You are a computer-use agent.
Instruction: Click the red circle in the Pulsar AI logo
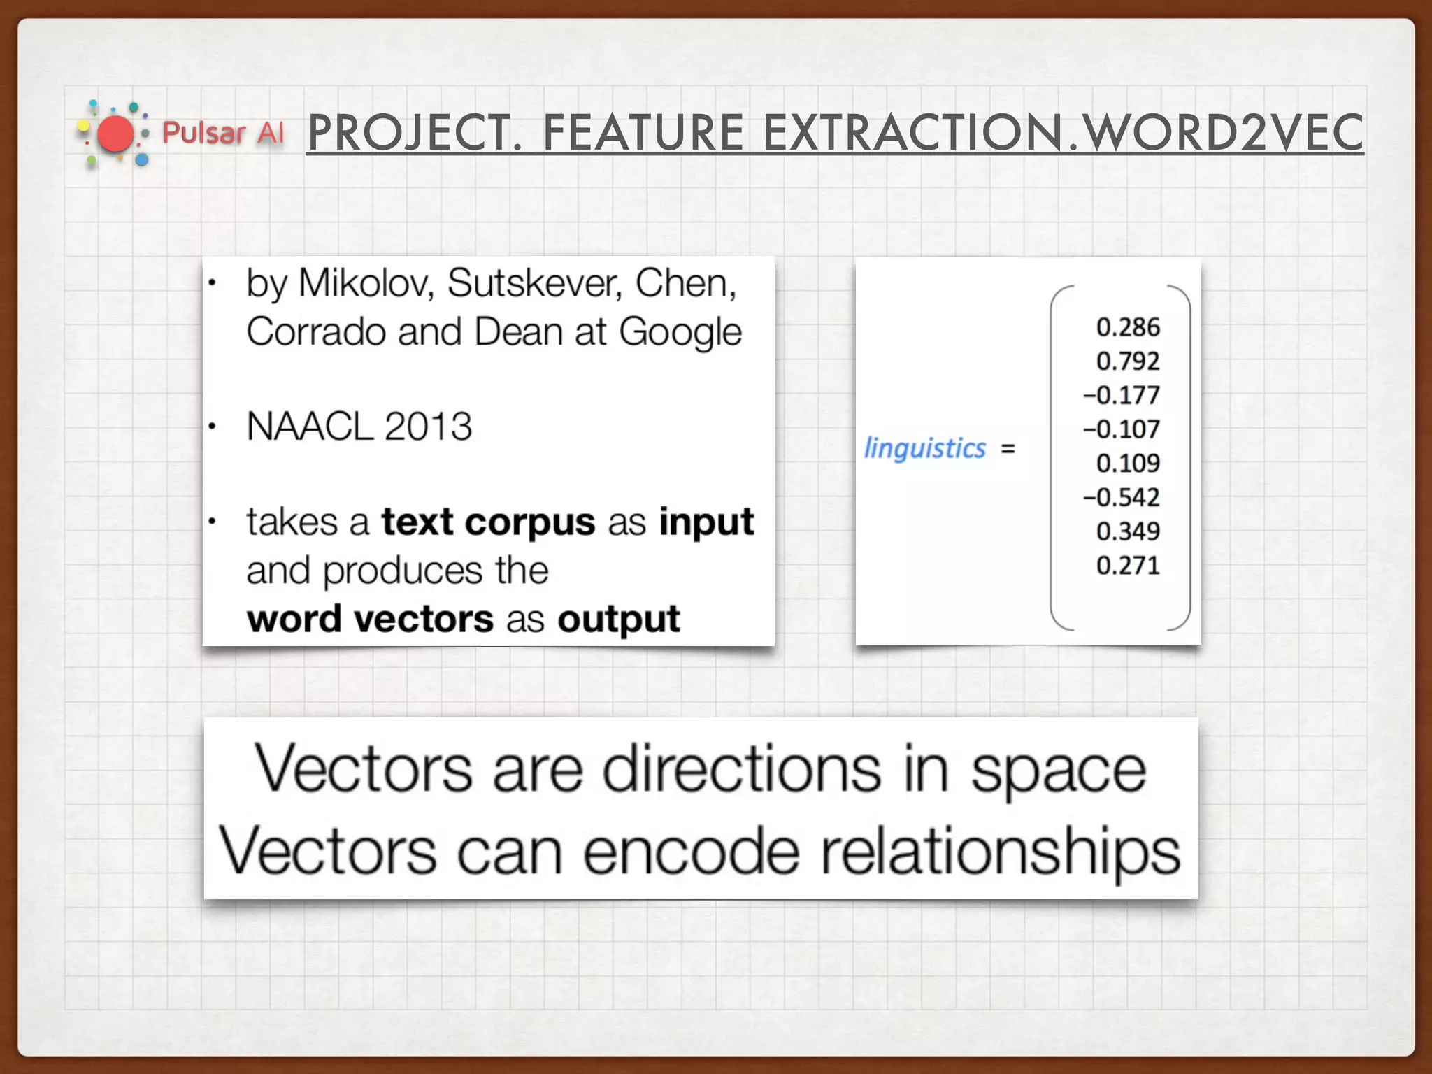point(115,134)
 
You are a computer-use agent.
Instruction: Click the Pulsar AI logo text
point(223,133)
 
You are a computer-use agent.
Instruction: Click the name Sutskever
point(534,284)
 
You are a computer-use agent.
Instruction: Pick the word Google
point(680,332)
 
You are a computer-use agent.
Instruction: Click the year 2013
point(428,427)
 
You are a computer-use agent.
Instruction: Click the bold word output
point(618,620)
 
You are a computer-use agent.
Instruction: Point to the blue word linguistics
point(924,448)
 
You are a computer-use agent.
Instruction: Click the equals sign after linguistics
point(1008,448)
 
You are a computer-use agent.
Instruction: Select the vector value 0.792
point(1127,361)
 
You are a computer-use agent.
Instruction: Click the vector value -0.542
point(1122,497)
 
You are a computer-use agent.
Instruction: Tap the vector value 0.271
point(1127,565)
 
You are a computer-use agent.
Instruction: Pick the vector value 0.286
point(1127,327)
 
